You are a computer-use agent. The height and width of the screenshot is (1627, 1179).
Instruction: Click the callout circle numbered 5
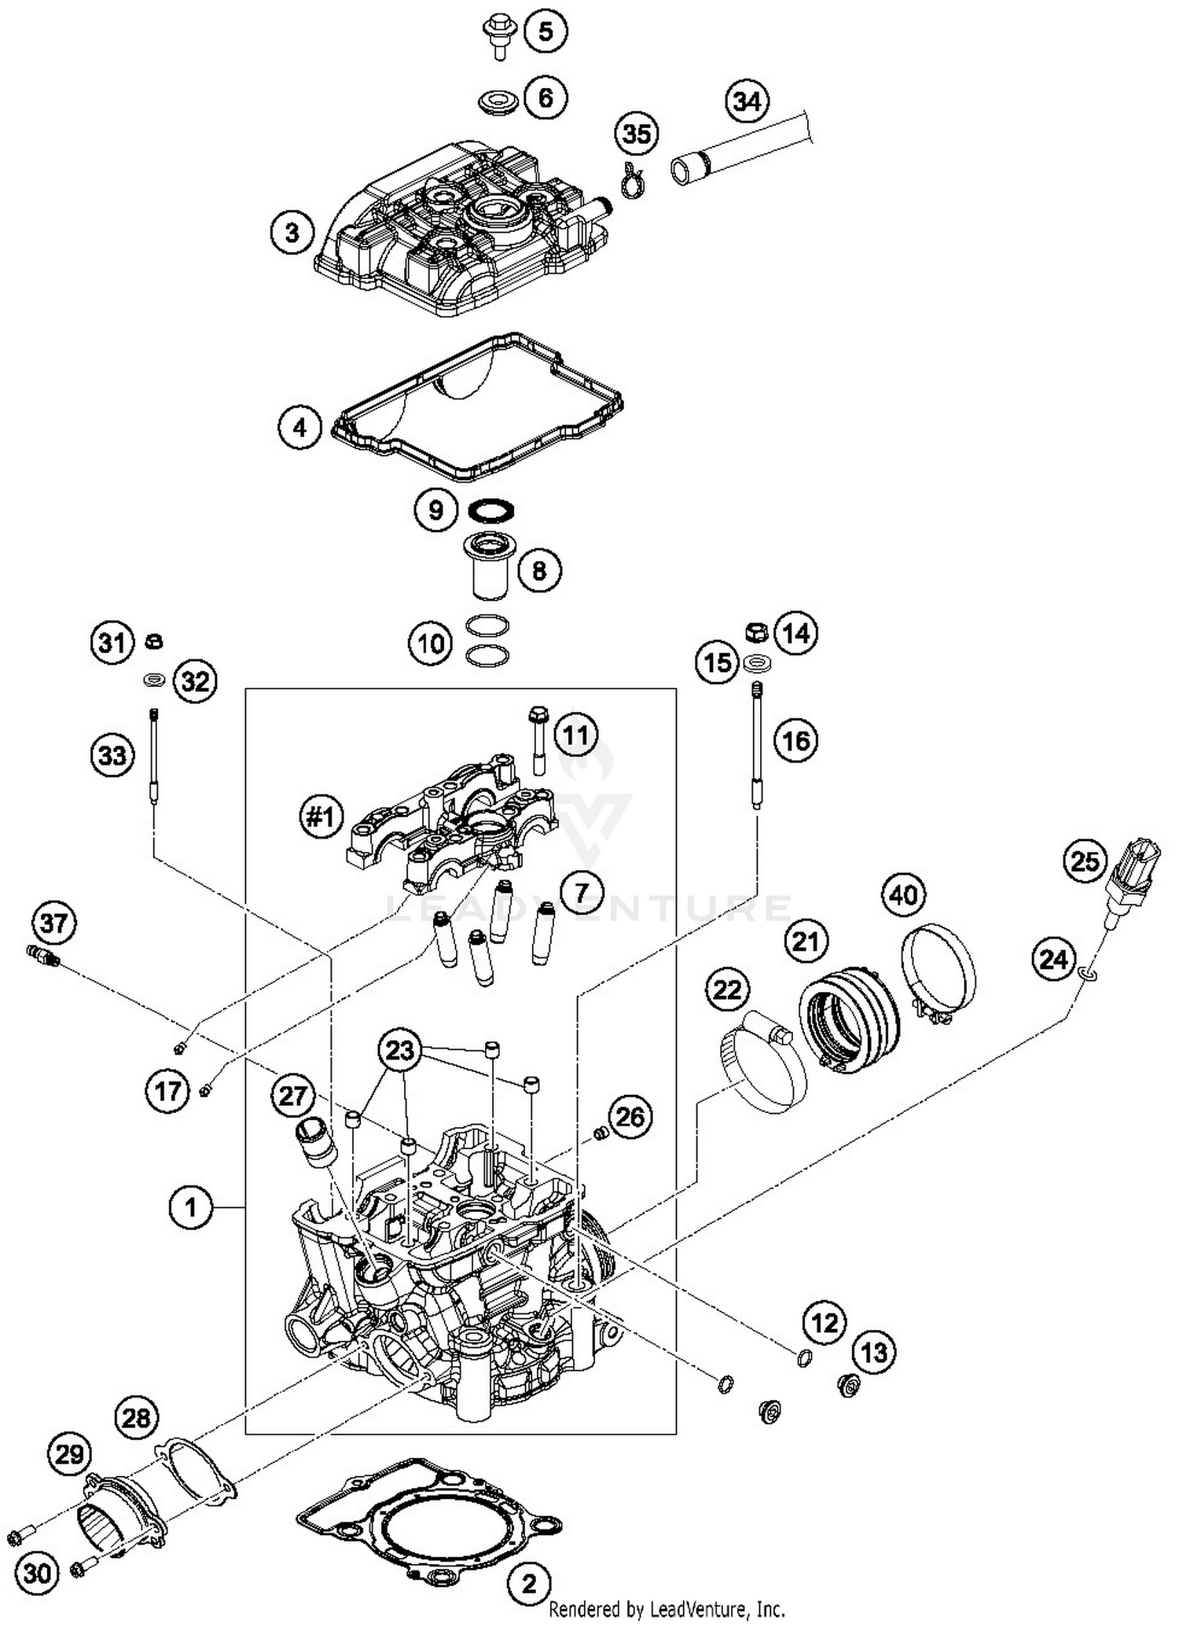click(545, 32)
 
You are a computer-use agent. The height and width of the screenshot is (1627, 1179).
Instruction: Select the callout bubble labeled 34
click(747, 101)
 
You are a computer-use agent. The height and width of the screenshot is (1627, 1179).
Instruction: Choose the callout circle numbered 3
click(292, 233)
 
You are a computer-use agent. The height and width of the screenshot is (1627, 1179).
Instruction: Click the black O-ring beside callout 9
click(490, 510)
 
